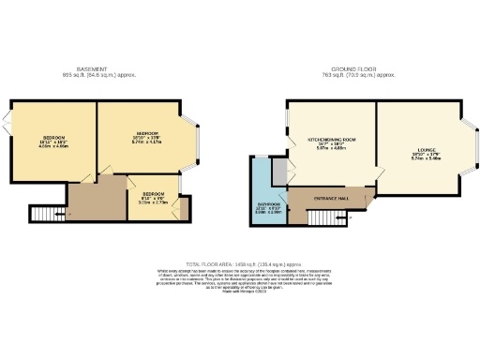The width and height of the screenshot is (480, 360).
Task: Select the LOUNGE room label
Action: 425,152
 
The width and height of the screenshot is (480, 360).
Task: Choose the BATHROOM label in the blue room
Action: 269,206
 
